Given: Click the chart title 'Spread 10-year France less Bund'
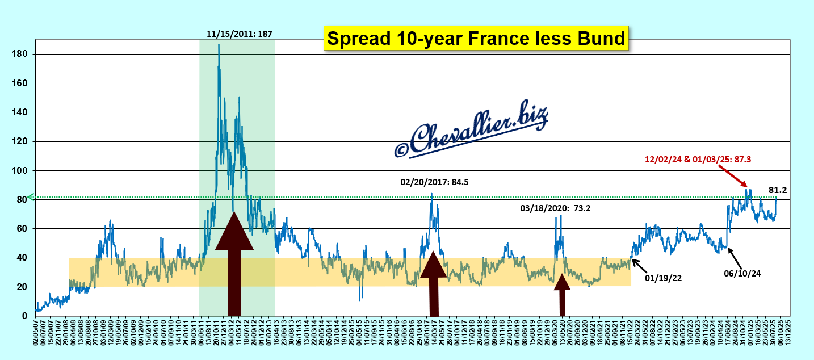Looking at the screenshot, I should coord(476,38).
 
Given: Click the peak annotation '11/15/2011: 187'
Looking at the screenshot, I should coord(239,34).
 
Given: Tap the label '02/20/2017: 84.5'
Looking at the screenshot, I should coord(435,182).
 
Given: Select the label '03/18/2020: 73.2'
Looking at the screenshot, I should coord(555,208).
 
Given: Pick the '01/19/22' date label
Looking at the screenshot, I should coord(662,278).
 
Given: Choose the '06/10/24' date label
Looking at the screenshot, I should coord(742,273).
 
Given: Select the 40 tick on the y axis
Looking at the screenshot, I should coord(23,258).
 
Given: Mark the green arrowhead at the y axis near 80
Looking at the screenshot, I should coord(32,197).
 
